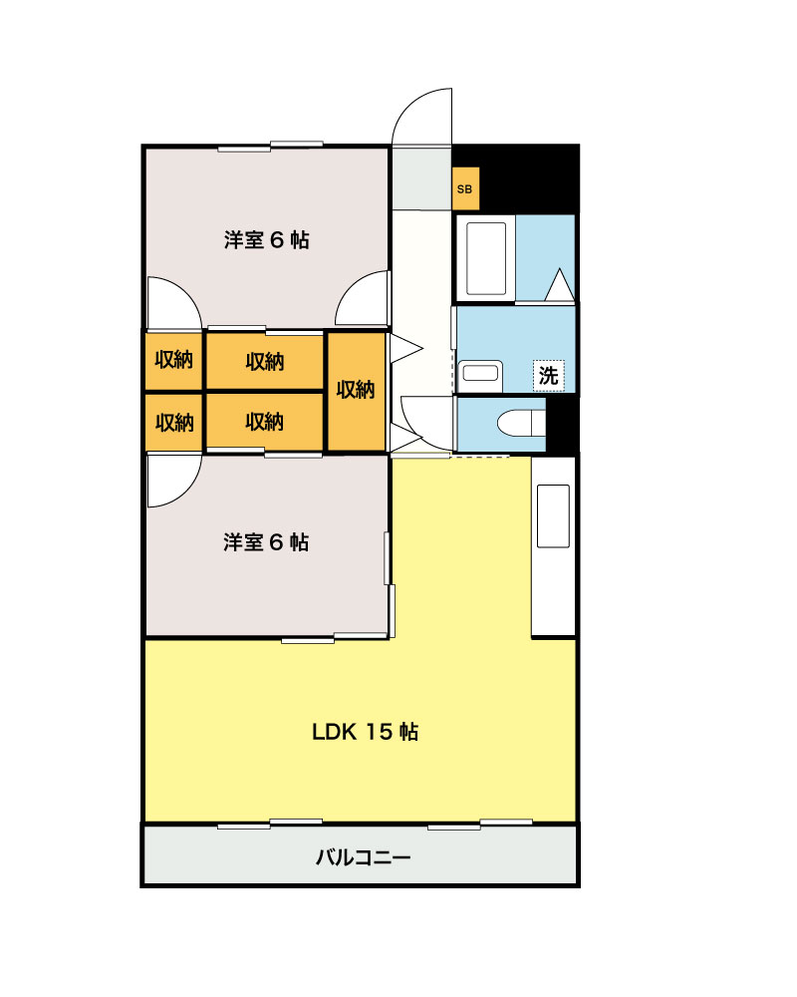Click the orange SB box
(465, 187)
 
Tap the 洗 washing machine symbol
(548, 375)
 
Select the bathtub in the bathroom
(486, 258)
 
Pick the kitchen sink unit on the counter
(553, 516)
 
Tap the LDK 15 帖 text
(365, 732)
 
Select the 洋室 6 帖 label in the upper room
(266, 239)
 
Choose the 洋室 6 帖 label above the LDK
(266, 542)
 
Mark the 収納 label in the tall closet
(355, 389)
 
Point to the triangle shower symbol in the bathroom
(560, 285)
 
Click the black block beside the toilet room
(564, 423)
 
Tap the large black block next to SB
(528, 177)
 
